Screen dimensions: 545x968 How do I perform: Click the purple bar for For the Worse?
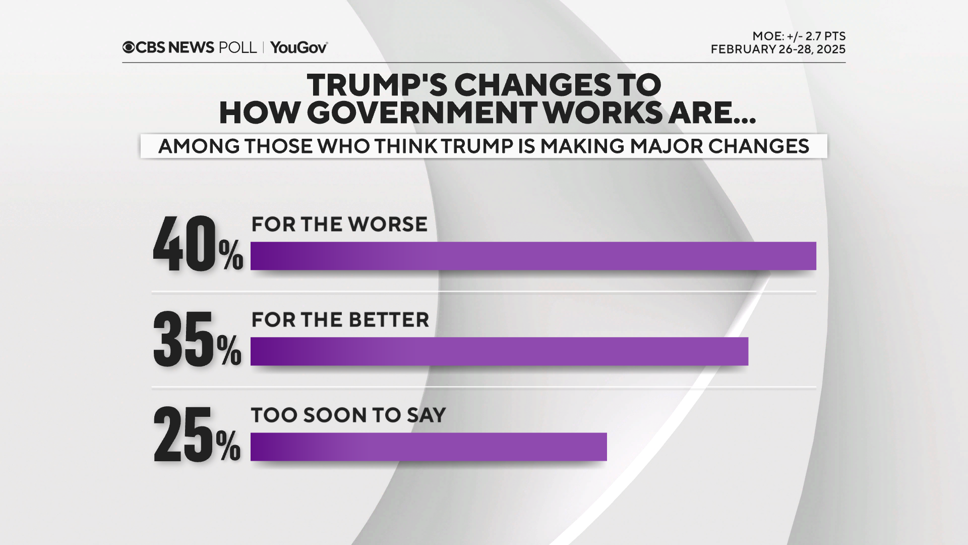click(533, 256)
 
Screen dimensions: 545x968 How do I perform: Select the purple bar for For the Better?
click(499, 351)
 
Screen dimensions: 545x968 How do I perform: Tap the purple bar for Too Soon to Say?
click(429, 447)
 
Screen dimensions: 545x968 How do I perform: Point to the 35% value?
click(197, 340)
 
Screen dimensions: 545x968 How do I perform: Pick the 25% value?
click(197, 435)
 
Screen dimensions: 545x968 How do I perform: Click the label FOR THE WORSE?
click(339, 224)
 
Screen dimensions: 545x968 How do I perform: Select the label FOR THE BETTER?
click(340, 319)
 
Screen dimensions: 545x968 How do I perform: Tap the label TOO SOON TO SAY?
click(348, 415)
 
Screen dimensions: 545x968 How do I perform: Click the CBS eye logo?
click(129, 47)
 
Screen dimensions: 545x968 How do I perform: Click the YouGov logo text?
click(299, 47)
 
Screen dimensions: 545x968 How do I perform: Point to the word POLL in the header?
click(237, 47)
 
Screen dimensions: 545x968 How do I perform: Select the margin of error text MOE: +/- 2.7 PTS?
click(799, 36)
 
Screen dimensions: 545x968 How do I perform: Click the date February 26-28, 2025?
click(778, 49)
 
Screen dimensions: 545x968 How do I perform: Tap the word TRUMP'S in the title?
click(377, 85)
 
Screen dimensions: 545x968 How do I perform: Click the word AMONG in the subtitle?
click(199, 146)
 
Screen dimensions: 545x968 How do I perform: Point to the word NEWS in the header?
click(191, 47)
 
